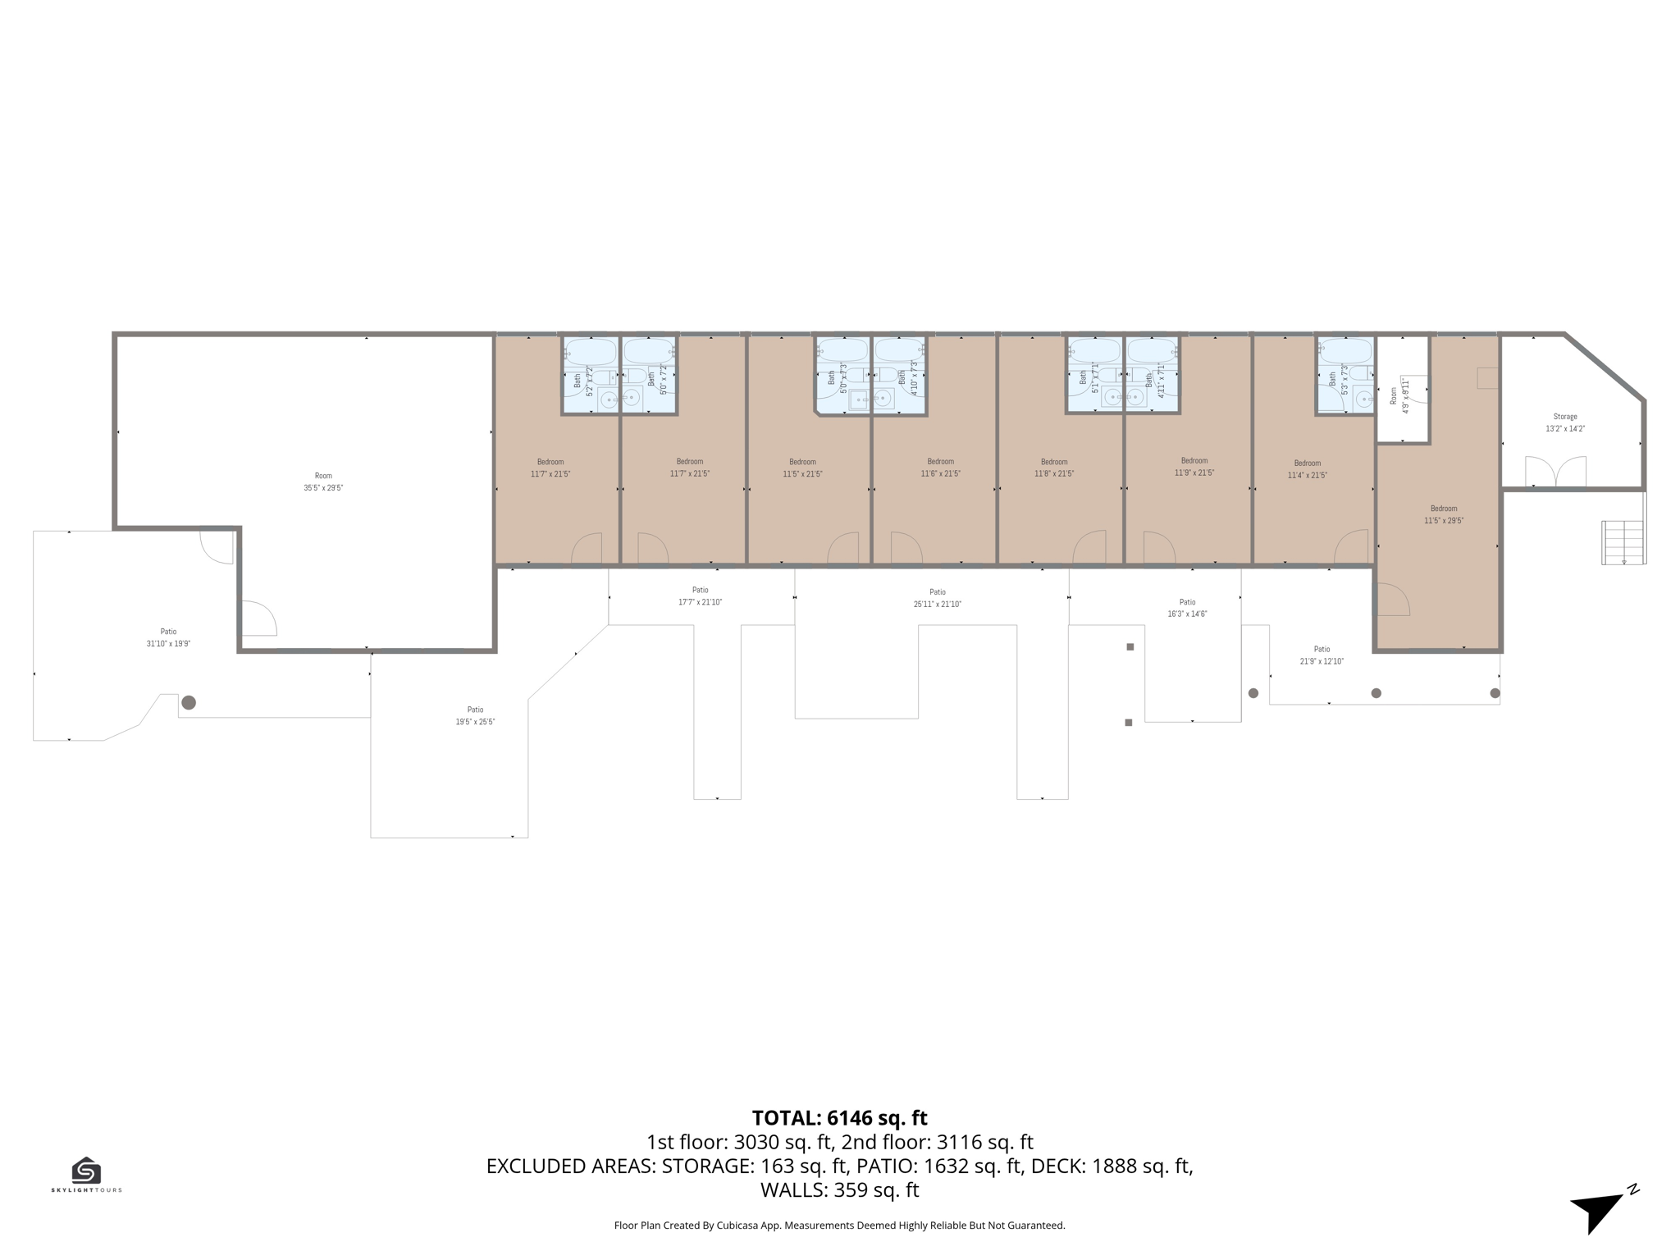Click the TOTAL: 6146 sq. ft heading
tap(839, 1118)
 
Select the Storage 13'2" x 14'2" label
tap(1564, 422)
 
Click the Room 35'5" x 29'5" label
tap(323, 482)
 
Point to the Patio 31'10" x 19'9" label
tap(168, 637)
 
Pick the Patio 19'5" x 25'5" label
tap(475, 715)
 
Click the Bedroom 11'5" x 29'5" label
tap(1444, 514)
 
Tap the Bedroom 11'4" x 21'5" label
tap(1307, 469)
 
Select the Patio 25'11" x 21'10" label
tap(937, 598)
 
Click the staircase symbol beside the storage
tap(1623, 542)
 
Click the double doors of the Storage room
tap(1555, 473)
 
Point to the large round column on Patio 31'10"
tap(189, 702)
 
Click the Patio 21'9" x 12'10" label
tap(1322, 655)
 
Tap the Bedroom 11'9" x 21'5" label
tap(1194, 467)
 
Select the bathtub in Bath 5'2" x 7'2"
tap(591, 352)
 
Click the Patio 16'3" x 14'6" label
tap(1187, 608)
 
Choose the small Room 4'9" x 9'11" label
tap(1399, 396)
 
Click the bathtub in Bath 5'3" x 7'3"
tap(1345, 352)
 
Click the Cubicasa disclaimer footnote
tap(839, 1226)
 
